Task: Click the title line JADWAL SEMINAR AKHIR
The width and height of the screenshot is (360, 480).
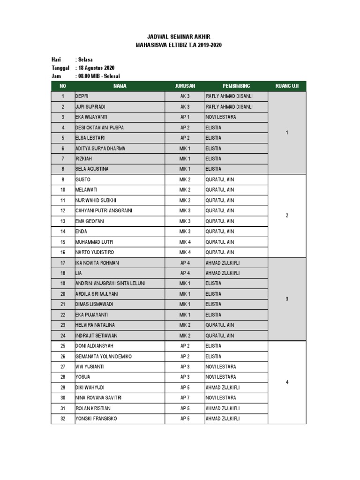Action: click(x=178, y=37)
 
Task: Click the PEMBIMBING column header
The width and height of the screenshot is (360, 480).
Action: click(x=236, y=86)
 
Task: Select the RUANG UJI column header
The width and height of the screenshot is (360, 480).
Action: click(x=287, y=86)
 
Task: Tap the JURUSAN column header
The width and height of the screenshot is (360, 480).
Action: click(x=185, y=86)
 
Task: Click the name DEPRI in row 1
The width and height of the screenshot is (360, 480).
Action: click(x=82, y=96)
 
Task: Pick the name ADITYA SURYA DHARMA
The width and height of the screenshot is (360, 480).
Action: click(x=100, y=148)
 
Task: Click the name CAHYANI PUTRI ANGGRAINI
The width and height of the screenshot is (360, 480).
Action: click(x=104, y=210)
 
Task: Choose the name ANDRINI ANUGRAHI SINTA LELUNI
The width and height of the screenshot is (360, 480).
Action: click(x=110, y=283)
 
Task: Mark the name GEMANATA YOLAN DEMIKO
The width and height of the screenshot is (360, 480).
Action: click(x=104, y=356)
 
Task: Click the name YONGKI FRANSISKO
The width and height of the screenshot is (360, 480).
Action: click(x=96, y=419)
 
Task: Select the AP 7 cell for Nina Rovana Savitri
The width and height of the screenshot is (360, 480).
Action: click(x=185, y=398)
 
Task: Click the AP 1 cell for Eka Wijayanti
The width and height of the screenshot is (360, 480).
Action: click(x=185, y=117)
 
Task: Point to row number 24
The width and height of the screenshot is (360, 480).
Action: click(x=62, y=336)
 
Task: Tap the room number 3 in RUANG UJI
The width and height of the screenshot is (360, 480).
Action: click(x=287, y=299)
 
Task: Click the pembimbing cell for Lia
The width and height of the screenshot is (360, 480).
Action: click(x=223, y=273)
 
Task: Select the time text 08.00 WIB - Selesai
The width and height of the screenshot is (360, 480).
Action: click(x=101, y=76)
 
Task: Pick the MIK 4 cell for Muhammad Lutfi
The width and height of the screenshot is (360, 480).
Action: click(x=185, y=242)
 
